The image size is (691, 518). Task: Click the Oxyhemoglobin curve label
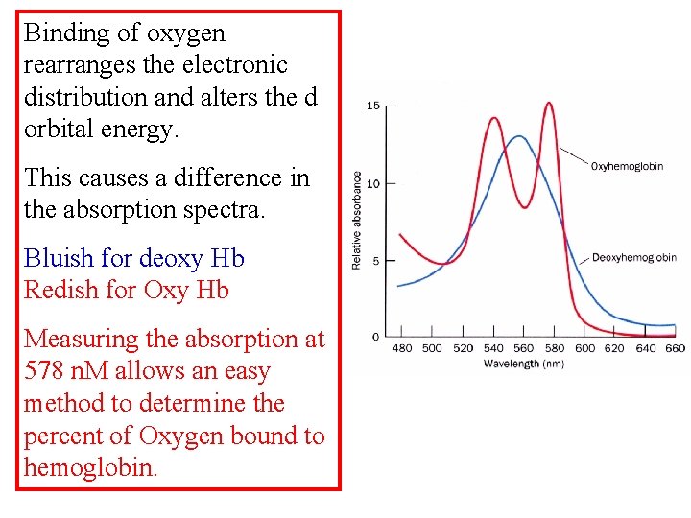pos(627,166)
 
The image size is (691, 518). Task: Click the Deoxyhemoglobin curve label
pos(633,258)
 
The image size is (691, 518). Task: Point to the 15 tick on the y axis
pos(373,106)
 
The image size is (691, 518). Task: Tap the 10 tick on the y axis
pos(373,183)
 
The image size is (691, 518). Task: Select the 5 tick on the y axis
pos(375,261)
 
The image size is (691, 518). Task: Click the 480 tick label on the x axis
pos(402,348)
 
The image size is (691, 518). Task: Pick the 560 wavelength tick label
pos(523,348)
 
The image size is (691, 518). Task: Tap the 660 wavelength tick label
pos(675,348)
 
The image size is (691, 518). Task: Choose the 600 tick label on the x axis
pos(584,348)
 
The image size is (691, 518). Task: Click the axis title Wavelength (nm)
pos(524,364)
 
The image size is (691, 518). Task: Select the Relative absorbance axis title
pos(357,220)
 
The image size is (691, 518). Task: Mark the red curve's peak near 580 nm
pos(550,103)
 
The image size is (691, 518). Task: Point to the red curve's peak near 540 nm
pos(494,118)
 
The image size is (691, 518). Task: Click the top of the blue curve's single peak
pos(519,136)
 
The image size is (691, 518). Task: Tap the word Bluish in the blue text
pos(55,259)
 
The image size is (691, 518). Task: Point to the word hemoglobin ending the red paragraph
pos(90,468)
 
